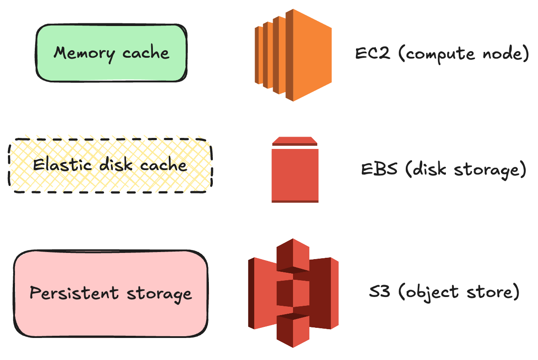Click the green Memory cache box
(x=111, y=53)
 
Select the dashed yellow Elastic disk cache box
(x=110, y=166)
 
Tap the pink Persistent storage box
(x=111, y=293)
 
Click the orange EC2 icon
(x=293, y=55)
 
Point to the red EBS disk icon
(x=295, y=174)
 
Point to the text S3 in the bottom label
(x=379, y=291)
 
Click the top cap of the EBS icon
(x=295, y=141)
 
